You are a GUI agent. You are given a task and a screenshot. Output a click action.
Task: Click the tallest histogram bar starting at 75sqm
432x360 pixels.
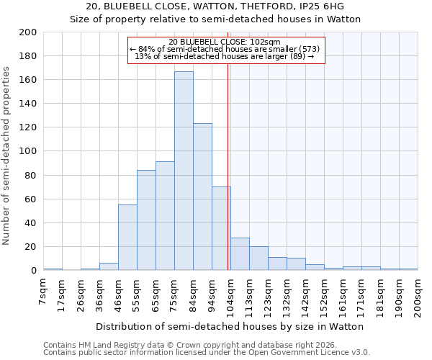pyautogui.click(x=184, y=171)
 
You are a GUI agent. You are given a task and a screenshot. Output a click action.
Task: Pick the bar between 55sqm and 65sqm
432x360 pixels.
pyautogui.click(x=146, y=220)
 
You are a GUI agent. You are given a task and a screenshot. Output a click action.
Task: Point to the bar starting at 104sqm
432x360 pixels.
pyautogui.click(x=240, y=254)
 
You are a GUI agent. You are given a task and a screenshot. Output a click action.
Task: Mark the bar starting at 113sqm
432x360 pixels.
pyautogui.click(x=258, y=258)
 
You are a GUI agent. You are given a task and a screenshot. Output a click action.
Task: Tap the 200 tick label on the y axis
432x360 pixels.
pyautogui.click(x=28, y=32)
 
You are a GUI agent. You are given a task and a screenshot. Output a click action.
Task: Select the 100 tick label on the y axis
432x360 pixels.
pyautogui.click(x=28, y=151)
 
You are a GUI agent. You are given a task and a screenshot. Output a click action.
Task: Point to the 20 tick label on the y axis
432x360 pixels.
pyautogui.click(x=31, y=247)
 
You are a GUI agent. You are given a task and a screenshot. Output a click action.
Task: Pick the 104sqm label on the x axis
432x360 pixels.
pyautogui.click(x=230, y=295)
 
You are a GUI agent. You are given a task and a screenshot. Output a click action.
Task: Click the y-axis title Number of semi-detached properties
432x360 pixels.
pyautogui.click(x=7, y=156)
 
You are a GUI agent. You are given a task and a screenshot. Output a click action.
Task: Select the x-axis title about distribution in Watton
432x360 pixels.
pyautogui.click(x=229, y=326)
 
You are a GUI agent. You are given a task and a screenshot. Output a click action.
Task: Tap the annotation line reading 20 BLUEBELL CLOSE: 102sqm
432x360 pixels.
pyautogui.click(x=225, y=42)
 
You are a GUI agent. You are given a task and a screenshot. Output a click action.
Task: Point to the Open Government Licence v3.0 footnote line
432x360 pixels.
pyautogui.click(x=207, y=352)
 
